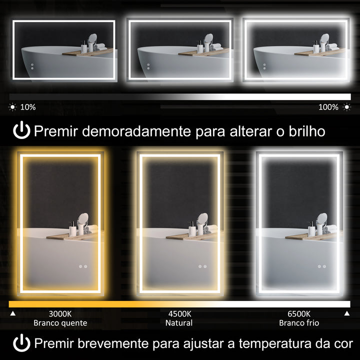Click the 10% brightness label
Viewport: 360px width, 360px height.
click(x=28, y=107)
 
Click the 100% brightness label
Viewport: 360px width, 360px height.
click(x=328, y=107)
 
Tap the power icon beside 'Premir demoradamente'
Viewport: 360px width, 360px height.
click(x=21, y=131)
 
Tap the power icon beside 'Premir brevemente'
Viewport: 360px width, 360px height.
click(x=21, y=343)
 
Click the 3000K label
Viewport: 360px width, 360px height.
click(x=60, y=314)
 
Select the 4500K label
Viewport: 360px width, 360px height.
click(x=179, y=314)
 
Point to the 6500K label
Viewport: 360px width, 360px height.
click(x=299, y=314)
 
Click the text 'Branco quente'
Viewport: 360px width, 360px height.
click(x=60, y=323)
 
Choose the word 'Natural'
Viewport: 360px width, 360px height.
click(x=179, y=323)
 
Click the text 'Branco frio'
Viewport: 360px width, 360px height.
click(x=299, y=323)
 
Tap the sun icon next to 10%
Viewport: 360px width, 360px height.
click(x=12, y=107)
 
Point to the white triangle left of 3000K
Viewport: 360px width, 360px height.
click(x=13, y=314)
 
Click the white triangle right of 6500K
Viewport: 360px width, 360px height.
click(x=346, y=314)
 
